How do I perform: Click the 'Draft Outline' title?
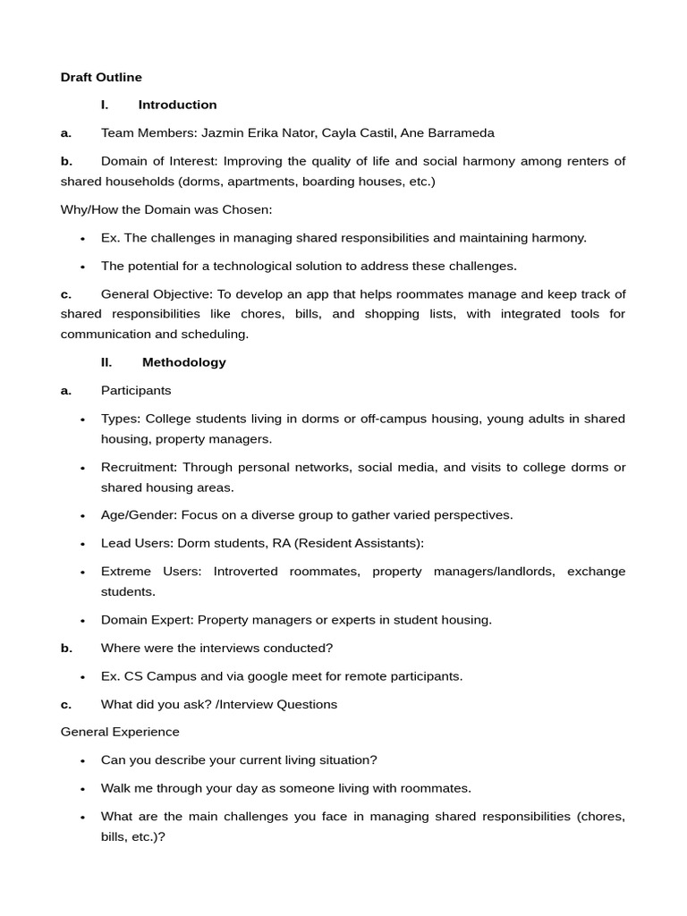pyautogui.click(x=101, y=78)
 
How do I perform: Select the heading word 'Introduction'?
pyautogui.click(x=177, y=105)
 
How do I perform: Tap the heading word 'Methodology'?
pyautogui.click(x=183, y=362)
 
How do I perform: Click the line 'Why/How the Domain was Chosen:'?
pyautogui.click(x=166, y=209)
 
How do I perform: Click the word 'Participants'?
pyautogui.click(x=136, y=391)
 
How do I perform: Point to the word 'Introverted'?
pyautogui.click(x=245, y=572)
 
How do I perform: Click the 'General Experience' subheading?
pyautogui.click(x=120, y=732)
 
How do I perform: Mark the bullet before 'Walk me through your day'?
pyautogui.click(x=82, y=789)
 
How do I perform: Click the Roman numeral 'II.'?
pyautogui.click(x=106, y=362)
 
